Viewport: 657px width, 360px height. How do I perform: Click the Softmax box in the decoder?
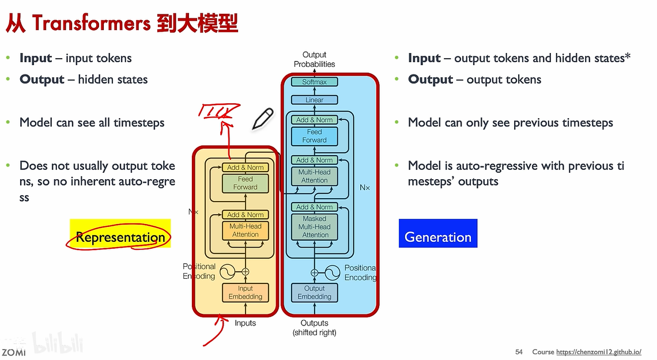[314, 82]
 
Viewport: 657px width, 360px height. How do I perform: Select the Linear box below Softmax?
[314, 100]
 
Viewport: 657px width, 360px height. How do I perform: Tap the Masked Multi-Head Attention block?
[314, 227]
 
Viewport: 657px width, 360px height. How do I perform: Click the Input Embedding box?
[246, 293]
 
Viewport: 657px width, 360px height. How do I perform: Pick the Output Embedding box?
[314, 293]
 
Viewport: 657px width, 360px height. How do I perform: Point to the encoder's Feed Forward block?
[246, 183]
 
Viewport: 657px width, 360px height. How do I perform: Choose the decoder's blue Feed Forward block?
[314, 136]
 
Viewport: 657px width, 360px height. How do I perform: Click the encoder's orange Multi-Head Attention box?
[246, 230]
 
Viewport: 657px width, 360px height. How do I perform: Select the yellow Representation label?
[120, 233]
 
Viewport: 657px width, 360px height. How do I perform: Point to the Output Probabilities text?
[314, 59]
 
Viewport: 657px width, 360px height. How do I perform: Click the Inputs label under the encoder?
[245, 323]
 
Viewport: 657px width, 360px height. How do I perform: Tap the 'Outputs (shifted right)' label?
[314, 328]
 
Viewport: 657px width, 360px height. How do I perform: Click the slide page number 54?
[519, 352]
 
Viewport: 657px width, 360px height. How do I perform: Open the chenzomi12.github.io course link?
[599, 352]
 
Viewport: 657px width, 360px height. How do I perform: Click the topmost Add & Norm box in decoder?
[314, 120]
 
